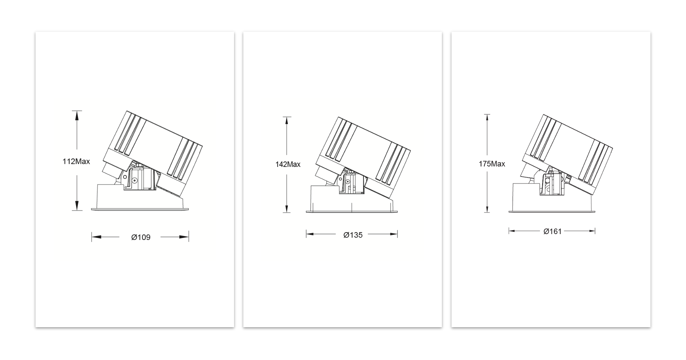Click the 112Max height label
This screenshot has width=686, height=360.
[x=76, y=161]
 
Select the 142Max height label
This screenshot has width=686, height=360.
[x=288, y=165]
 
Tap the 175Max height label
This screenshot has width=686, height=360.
[x=492, y=164]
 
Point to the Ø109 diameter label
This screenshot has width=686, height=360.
[x=141, y=237]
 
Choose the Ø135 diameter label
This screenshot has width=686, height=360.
[x=353, y=235]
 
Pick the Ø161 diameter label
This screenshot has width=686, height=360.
[x=552, y=231]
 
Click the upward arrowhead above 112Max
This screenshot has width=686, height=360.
[x=77, y=115]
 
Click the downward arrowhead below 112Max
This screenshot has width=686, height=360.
[x=77, y=206]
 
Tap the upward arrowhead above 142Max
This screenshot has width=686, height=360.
[x=287, y=121]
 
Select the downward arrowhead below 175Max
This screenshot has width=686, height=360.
[x=487, y=208]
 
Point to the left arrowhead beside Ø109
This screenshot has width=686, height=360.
[x=96, y=237]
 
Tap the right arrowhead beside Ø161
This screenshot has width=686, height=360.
[x=591, y=231]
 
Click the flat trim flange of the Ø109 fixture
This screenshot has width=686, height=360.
[x=140, y=210]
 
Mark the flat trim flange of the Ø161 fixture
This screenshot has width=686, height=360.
[x=552, y=211]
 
